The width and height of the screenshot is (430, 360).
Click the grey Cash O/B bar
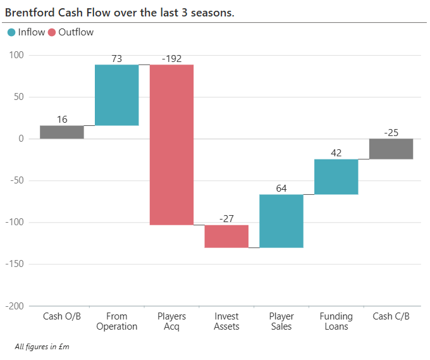(x=61, y=132)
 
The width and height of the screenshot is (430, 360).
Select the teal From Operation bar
(x=116, y=95)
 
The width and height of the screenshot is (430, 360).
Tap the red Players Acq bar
(x=171, y=144)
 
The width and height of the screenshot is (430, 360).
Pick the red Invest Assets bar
(x=226, y=236)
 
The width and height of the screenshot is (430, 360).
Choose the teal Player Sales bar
(x=281, y=221)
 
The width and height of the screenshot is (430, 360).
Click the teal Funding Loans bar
(x=336, y=177)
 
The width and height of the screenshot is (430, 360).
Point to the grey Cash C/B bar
(x=391, y=149)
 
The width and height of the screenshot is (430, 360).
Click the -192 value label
(x=171, y=59)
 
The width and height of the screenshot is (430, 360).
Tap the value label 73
(x=116, y=59)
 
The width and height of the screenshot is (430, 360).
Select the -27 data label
(x=226, y=219)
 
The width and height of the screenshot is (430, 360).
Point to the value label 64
(x=281, y=189)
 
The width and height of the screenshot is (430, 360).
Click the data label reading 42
(x=336, y=153)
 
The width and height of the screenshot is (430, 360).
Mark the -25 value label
(x=391, y=133)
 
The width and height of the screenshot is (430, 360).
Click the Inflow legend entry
(x=27, y=32)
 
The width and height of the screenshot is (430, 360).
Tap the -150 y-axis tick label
(x=13, y=264)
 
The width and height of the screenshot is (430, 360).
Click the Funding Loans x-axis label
(x=336, y=321)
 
